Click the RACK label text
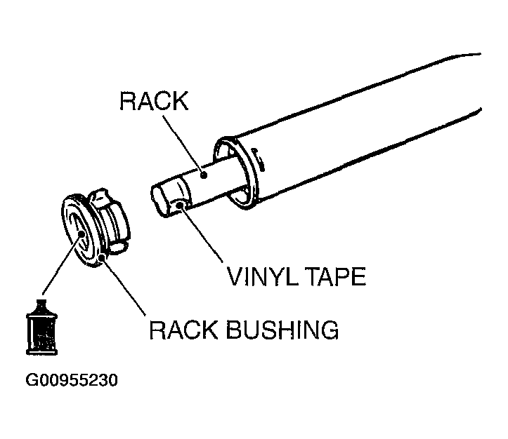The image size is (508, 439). click(154, 101)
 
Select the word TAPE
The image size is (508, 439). click(334, 277)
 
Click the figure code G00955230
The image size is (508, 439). click(71, 381)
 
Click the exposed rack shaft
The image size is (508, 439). click(211, 179)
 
